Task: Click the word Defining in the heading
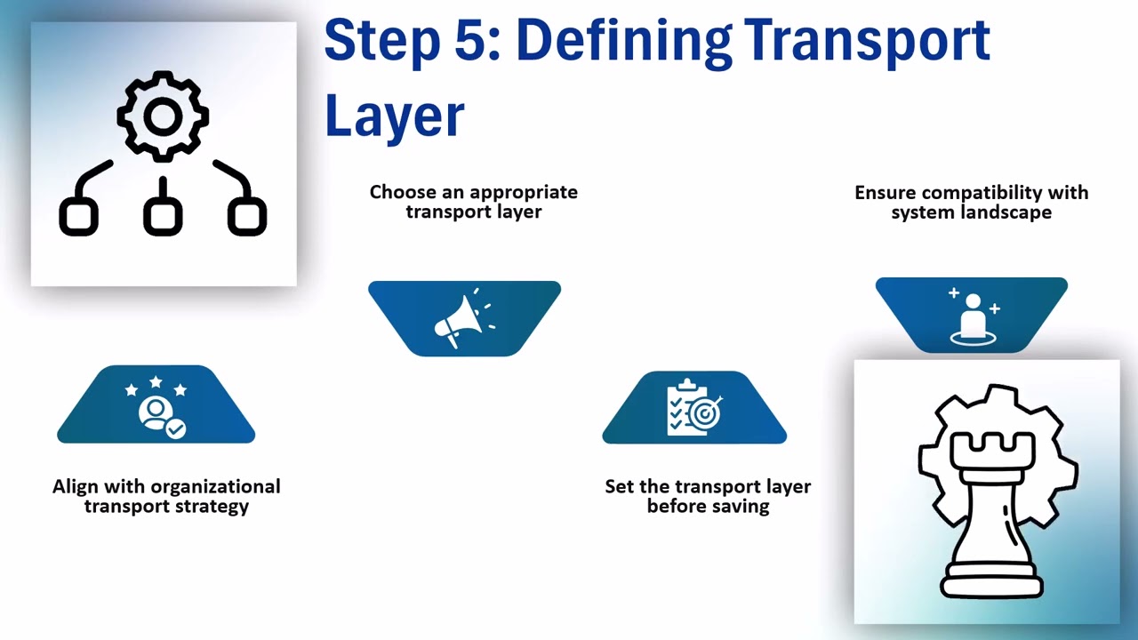(621, 40)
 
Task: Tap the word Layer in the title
(394, 116)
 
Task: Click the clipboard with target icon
(694, 408)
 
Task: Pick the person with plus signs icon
(973, 317)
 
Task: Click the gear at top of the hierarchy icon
(163, 116)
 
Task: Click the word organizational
(216, 487)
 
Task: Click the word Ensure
(885, 193)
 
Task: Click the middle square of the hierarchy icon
(163, 216)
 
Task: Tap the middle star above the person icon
(156, 382)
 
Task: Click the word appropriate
(524, 192)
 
